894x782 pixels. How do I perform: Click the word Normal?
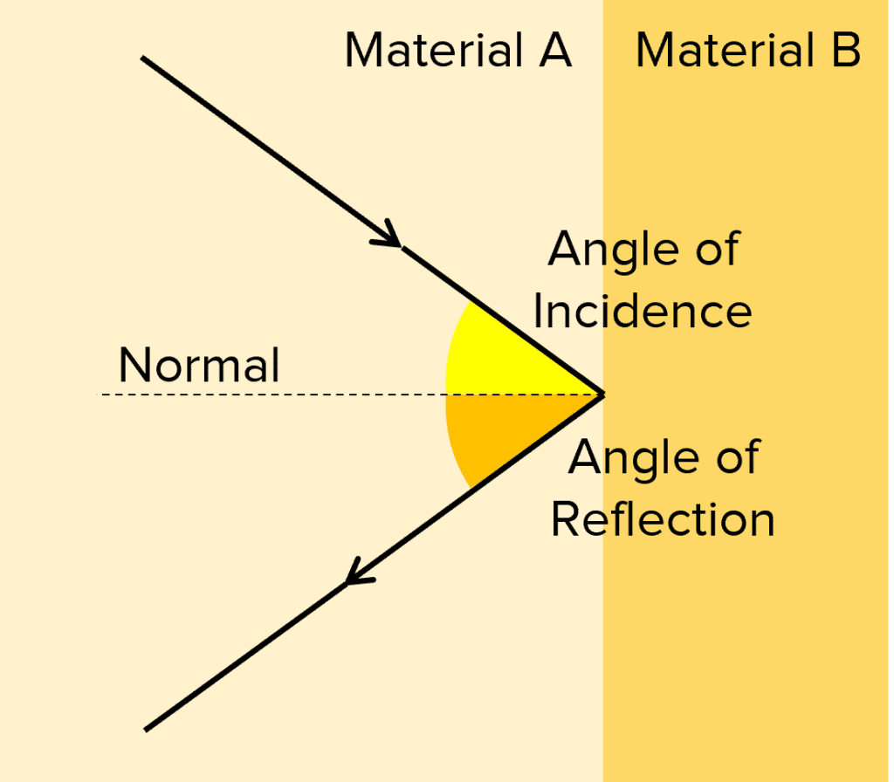tap(199, 366)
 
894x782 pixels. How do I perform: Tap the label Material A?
tap(458, 51)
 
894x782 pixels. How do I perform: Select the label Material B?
tap(748, 51)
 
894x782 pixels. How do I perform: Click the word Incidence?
tap(643, 312)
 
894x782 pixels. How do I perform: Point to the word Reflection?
tap(664, 519)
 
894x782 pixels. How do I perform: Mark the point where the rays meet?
tap(602, 394)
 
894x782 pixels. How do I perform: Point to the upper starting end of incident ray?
tap(143, 58)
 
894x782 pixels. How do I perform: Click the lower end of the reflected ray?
tap(146, 728)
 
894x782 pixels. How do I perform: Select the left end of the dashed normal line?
tap(101, 395)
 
